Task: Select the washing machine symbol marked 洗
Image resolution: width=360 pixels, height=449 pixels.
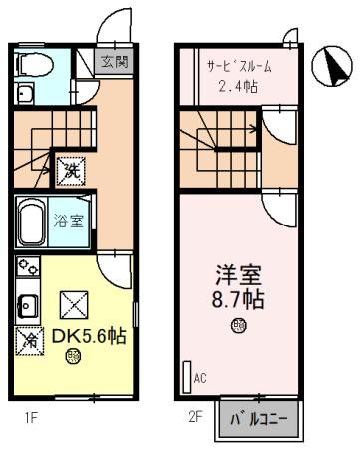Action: click(x=72, y=169)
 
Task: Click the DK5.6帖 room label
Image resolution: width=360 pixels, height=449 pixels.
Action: click(x=88, y=338)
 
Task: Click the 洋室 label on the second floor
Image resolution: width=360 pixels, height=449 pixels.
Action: click(x=239, y=271)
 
